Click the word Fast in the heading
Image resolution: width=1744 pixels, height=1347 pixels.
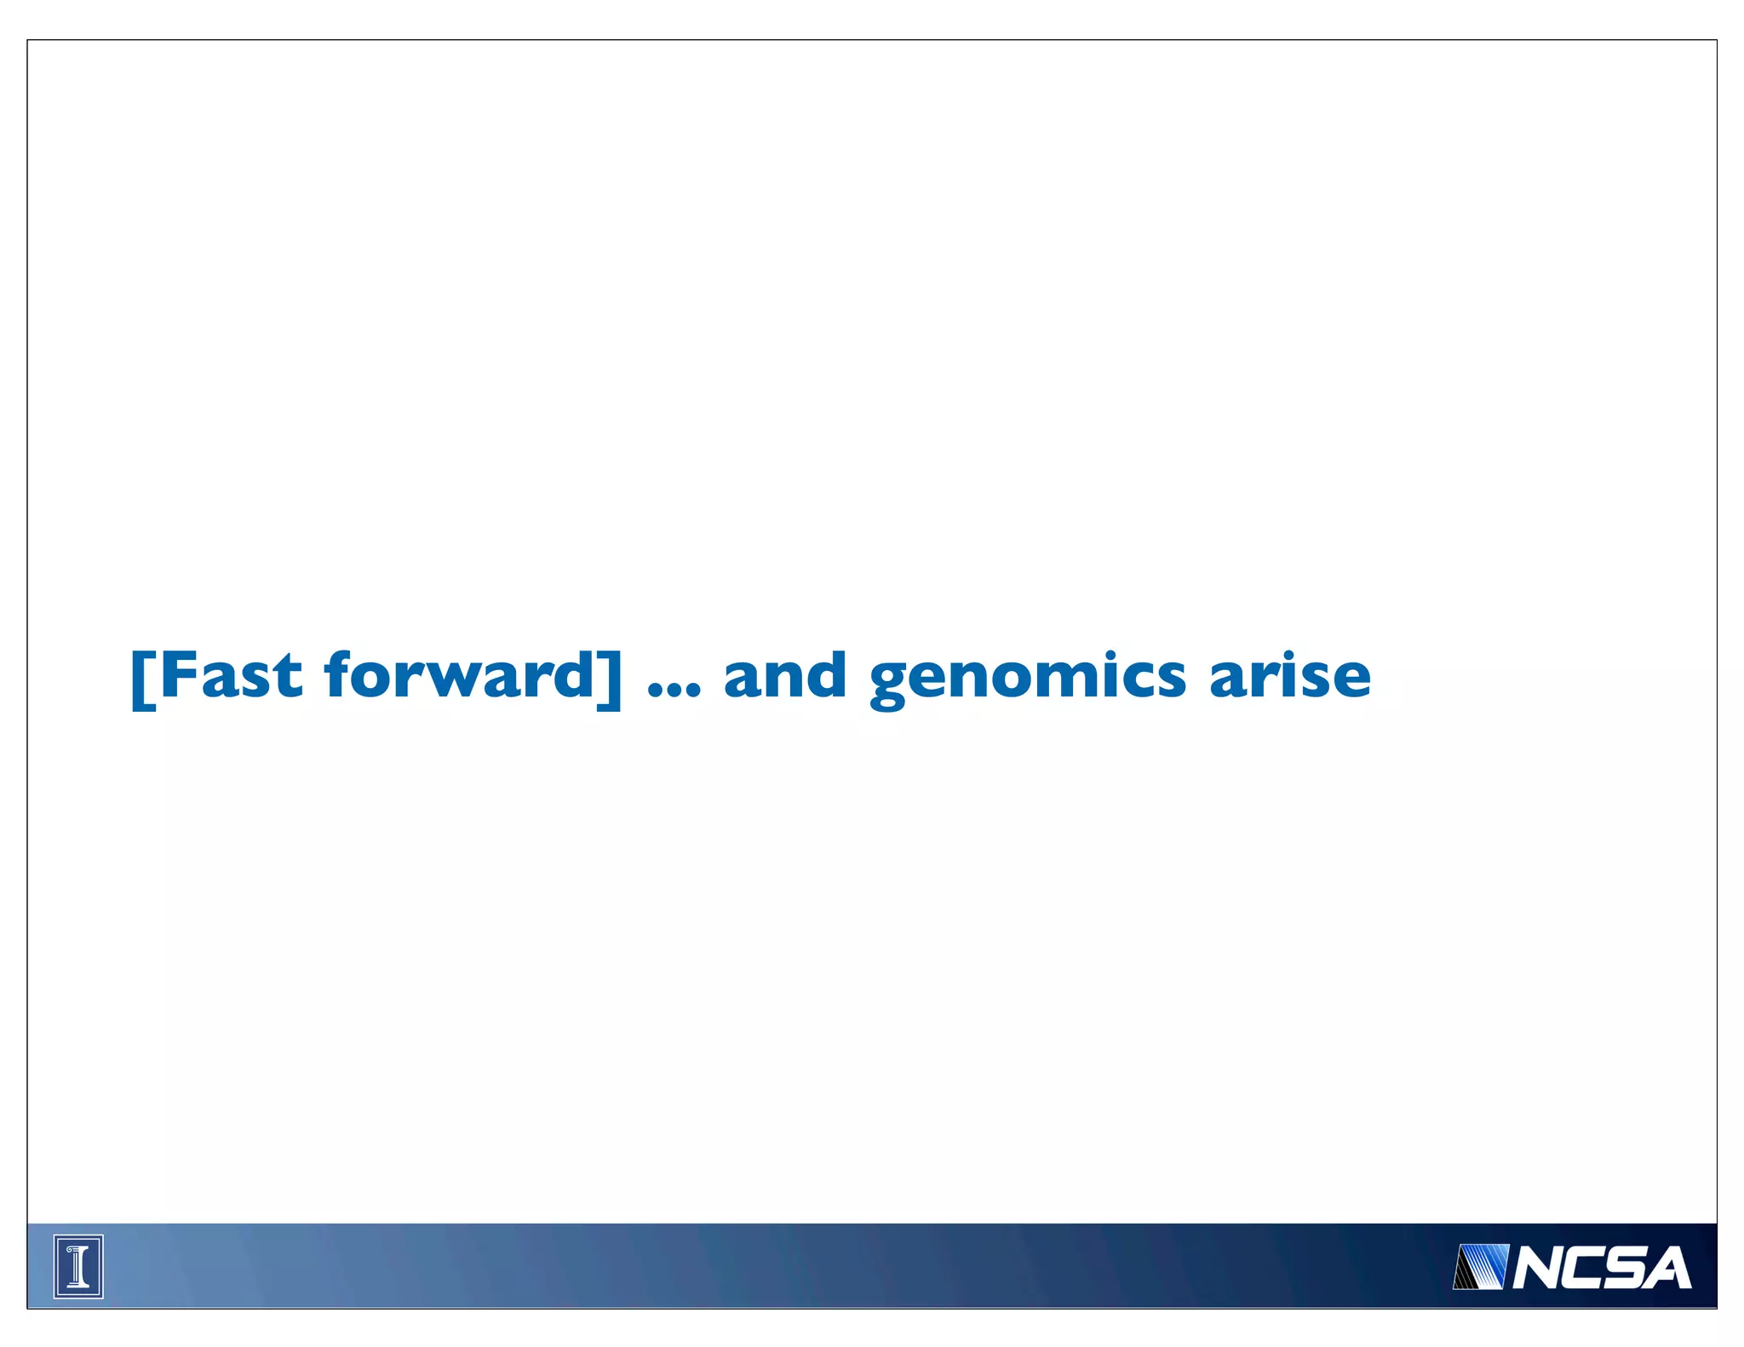pyautogui.click(x=230, y=676)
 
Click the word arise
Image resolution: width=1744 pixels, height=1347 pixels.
pyautogui.click(x=1289, y=676)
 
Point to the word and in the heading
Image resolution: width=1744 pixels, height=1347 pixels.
pyautogui.click(x=784, y=676)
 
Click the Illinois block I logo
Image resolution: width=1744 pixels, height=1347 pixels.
pyautogui.click(x=78, y=1266)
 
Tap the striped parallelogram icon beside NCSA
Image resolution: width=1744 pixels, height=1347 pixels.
pyautogui.click(x=1480, y=1267)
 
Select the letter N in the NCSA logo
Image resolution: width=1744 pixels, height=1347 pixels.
pyautogui.click(x=1537, y=1269)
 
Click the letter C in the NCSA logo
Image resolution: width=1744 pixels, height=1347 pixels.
pyautogui.click(x=1582, y=1269)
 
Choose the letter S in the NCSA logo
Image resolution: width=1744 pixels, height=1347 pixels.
pyautogui.click(x=1625, y=1269)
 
